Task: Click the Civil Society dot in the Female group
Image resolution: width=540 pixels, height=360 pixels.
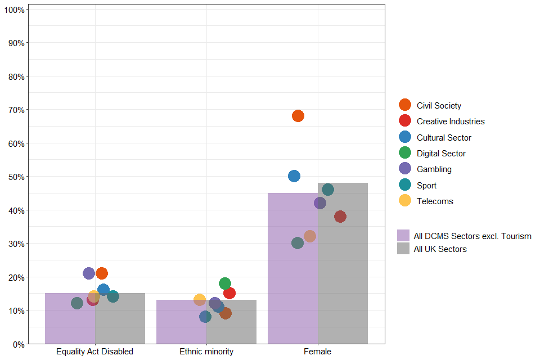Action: (x=298, y=116)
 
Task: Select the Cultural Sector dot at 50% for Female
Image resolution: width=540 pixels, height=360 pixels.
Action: (x=294, y=176)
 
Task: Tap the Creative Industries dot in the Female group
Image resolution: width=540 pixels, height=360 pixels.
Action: (x=340, y=217)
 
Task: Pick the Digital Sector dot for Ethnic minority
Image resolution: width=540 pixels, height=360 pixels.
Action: (x=225, y=283)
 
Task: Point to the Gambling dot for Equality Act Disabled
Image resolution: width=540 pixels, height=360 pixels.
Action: (x=89, y=273)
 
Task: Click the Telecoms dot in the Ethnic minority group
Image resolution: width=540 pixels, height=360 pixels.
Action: (x=200, y=300)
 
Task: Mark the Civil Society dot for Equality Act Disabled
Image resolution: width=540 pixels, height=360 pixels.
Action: (x=102, y=273)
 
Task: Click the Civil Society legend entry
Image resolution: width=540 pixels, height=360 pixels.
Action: (x=439, y=105)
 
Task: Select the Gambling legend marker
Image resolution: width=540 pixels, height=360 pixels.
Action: (x=405, y=169)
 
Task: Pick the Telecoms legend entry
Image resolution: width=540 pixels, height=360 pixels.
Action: (x=435, y=201)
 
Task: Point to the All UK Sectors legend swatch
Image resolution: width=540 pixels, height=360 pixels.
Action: (x=403, y=249)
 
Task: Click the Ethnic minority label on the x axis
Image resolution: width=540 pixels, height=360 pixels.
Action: (x=206, y=352)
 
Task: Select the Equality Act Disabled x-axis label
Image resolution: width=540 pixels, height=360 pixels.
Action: (x=94, y=352)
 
